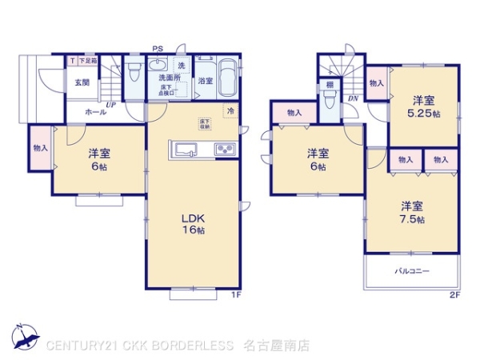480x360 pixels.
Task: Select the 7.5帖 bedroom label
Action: point(413,212)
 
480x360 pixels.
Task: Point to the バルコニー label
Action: point(412,272)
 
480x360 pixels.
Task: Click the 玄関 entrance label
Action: point(82,82)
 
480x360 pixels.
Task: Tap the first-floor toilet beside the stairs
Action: point(133,74)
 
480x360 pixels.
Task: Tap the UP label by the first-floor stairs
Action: point(110,106)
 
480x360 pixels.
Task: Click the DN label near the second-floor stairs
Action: point(353,98)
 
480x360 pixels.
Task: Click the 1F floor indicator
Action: point(236,295)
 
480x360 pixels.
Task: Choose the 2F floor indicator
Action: point(454,295)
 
